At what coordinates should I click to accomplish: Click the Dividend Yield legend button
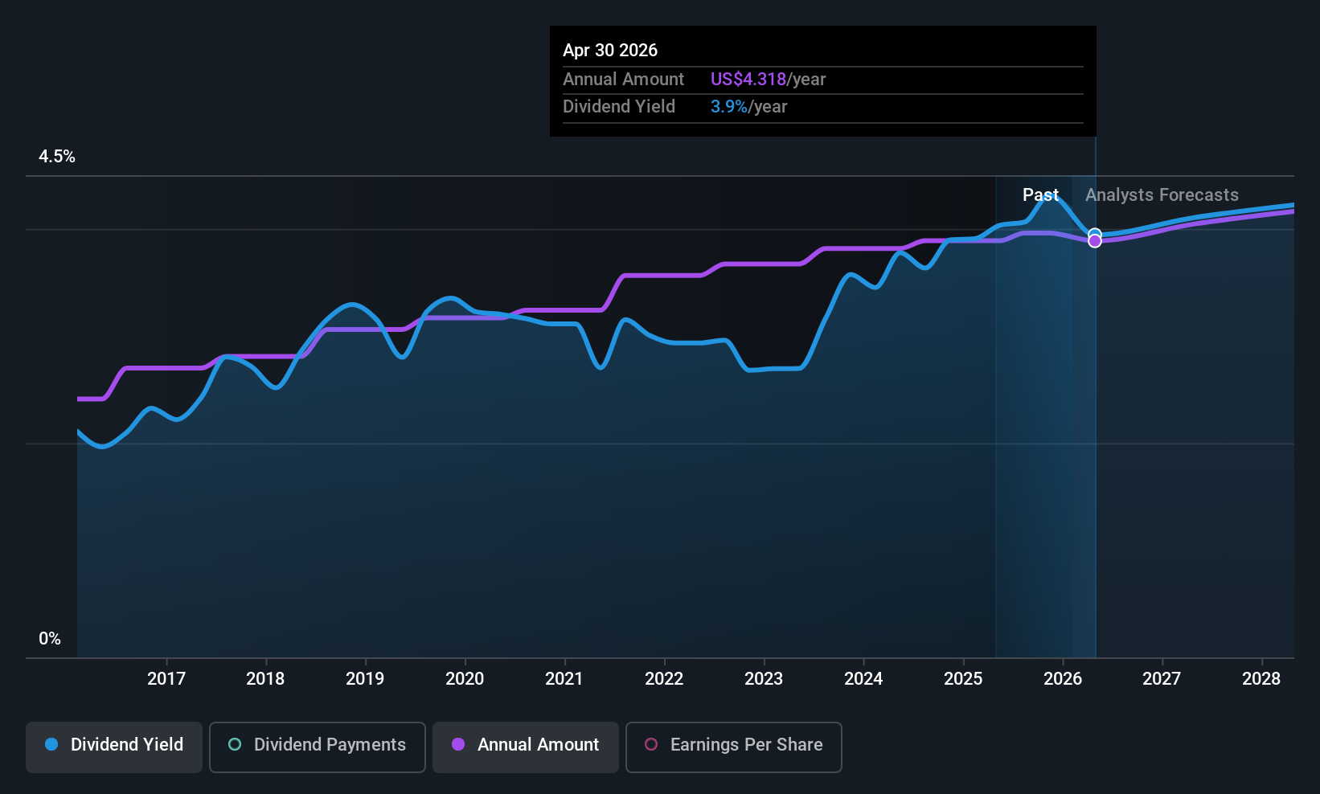click(113, 747)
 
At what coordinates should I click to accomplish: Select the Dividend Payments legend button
click(317, 747)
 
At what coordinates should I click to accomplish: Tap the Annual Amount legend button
click(526, 747)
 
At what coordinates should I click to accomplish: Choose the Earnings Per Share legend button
click(734, 747)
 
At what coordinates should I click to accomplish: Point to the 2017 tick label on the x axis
click(166, 678)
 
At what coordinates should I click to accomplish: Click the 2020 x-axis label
click(465, 678)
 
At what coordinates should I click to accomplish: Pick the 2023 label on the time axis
click(764, 678)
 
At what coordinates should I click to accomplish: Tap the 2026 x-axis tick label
click(1063, 678)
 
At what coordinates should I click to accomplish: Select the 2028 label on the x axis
click(1261, 678)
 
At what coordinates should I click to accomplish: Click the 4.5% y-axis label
click(56, 157)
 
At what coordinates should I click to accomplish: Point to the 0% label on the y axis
click(50, 639)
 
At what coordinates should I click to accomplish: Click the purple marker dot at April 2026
click(1095, 241)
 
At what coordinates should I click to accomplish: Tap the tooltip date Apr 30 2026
click(610, 50)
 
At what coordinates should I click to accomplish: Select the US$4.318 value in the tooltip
click(748, 79)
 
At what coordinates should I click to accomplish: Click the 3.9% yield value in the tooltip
click(729, 107)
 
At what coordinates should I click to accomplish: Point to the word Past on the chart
click(1041, 195)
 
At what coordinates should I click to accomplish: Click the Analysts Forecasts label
click(1162, 195)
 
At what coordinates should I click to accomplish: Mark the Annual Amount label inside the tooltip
click(624, 79)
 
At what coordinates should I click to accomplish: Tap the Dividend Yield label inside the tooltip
click(619, 107)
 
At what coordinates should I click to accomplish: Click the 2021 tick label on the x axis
click(564, 678)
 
